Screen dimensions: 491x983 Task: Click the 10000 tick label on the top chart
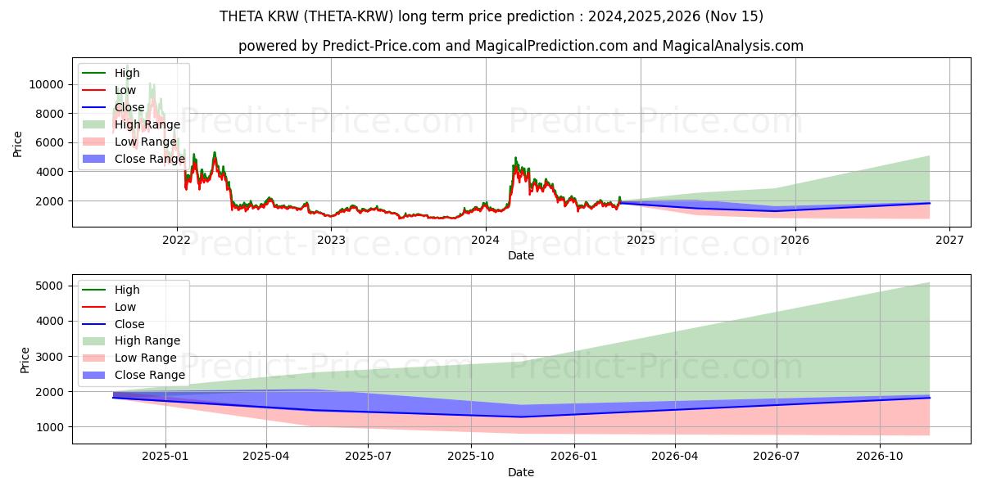pyautogui.click(x=48, y=84)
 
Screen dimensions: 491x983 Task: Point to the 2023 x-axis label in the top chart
pyautogui.click(x=331, y=240)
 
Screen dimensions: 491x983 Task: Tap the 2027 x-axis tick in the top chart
pyautogui.click(x=949, y=240)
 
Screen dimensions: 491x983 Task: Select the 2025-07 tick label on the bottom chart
pyautogui.click(x=368, y=457)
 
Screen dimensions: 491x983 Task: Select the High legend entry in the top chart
pyautogui.click(x=127, y=73)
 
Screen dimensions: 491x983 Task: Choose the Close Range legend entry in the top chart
pyautogui.click(x=150, y=159)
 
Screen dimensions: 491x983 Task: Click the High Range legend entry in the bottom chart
pyautogui.click(x=147, y=340)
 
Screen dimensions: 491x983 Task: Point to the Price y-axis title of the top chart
pyautogui.click(x=18, y=144)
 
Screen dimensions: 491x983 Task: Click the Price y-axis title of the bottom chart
pyautogui.click(x=25, y=359)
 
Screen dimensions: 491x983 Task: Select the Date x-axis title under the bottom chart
pyautogui.click(x=521, y=472)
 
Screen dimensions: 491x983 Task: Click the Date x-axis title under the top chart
pyautogui.click(x=521, y=255)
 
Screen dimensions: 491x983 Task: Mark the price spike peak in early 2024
pyautogui.click(x=515, y=157)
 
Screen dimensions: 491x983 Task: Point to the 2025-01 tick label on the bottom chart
pyautogui.click(x=165, y=457)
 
